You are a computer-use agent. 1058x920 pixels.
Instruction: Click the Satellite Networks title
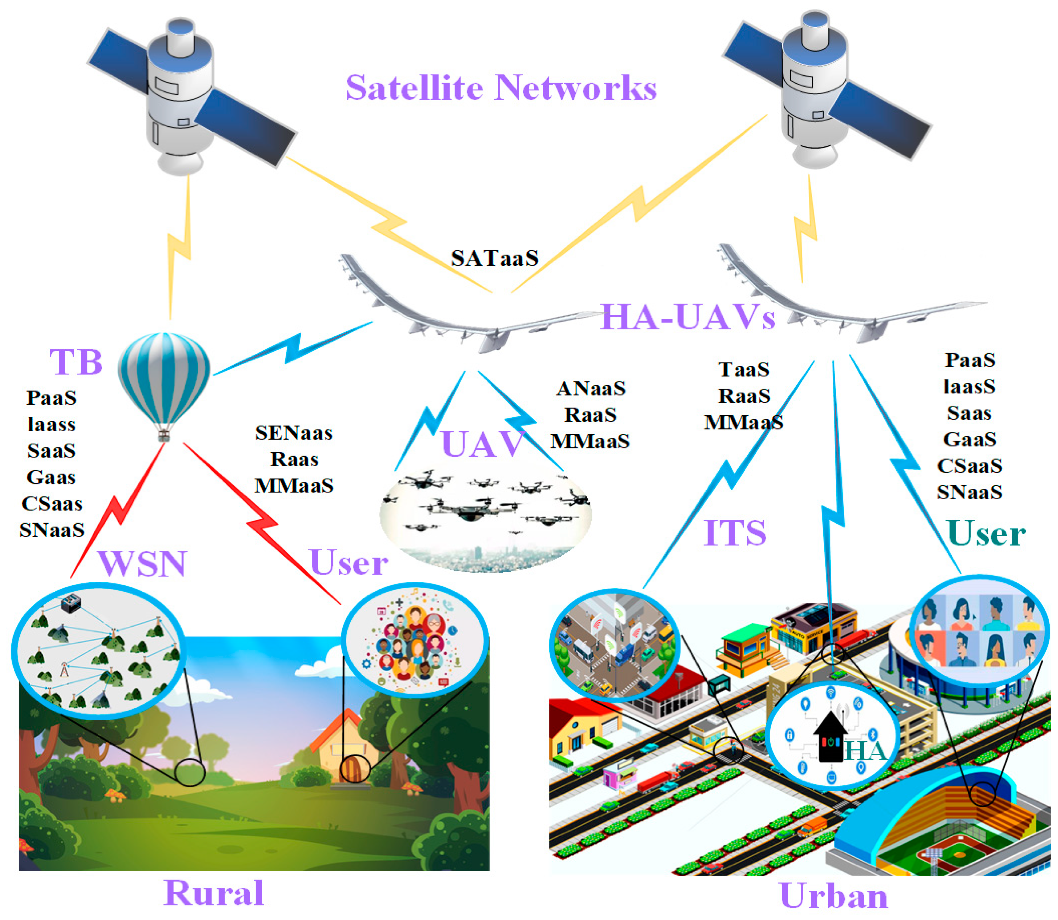[501, 87]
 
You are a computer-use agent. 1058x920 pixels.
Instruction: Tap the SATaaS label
[494, 258]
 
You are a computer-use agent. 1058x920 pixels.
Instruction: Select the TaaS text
[743, 369]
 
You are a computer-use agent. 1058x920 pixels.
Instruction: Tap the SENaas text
[294, 433]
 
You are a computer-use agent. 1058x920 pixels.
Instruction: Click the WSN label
[142, 563]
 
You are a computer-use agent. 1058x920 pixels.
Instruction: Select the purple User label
[349, 562]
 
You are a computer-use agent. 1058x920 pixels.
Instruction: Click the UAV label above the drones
[482, 444]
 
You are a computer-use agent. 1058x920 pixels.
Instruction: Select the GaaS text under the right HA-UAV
[969, 439]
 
